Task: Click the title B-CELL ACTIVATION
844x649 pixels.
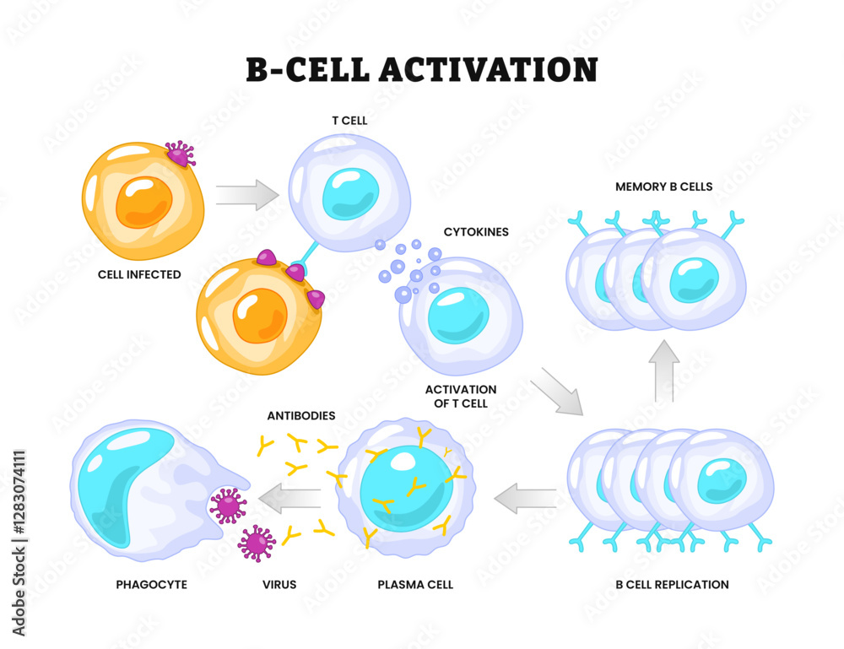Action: [x=421, y=69]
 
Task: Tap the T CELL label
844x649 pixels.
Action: [x=349, y=121]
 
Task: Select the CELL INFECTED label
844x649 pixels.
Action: [x=139, y=274]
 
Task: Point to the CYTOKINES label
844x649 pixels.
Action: [x=476, y=231]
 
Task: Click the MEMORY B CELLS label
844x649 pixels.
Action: [x=664, y=187]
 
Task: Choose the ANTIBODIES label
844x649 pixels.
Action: [x=301, y=416]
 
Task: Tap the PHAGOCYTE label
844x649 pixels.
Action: [x=152, y=584]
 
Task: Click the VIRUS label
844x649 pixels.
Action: [x=279, y=584]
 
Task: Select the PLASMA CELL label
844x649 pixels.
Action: [x=415, y=584]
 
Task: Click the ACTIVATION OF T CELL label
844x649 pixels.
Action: [x=461, y=397]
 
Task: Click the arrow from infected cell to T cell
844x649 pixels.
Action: [x=246, y=195]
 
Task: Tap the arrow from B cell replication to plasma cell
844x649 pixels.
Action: [x=524, y=499]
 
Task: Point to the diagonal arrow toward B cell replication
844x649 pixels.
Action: [x=557, y=391]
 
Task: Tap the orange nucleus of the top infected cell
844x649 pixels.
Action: [x=143, y=203]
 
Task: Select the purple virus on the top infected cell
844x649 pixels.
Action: [x=179, y=154]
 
